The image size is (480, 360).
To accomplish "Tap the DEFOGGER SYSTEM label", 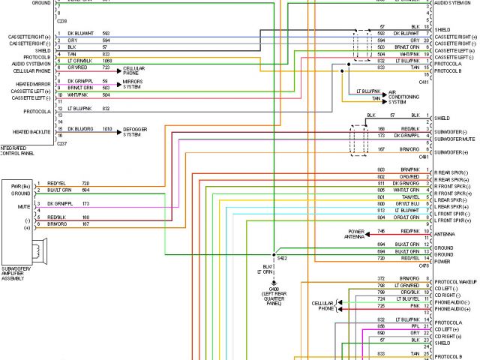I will click(133, 132).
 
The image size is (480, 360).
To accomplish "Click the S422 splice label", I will click(282, 258).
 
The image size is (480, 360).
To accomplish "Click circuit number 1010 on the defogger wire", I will click(106, 129).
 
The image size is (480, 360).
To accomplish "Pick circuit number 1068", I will click(106, 60).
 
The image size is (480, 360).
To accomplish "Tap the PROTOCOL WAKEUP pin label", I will click(454, 280).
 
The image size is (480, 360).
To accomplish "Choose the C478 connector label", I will click(424, 265).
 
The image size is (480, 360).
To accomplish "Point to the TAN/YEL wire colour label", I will click(409, 197).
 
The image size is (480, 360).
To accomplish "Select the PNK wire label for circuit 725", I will click(413, 306).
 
